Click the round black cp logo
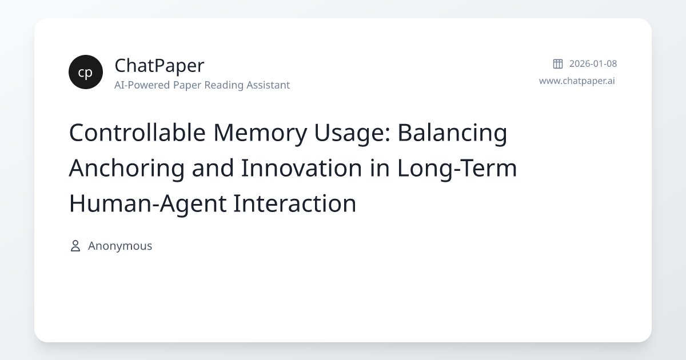[x=86, y=72]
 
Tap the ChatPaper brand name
[x=159, y=65]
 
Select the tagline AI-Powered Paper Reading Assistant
[x=202, y=85]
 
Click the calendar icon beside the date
[x=558, y=63]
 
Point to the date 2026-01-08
[x=593, y=63]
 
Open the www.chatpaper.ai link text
[x=577, y=81]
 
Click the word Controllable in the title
[x=137, y=133]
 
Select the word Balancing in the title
[x=452, y=133]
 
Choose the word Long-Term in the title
[x=457, y=168]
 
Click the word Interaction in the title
[x=294, y=203]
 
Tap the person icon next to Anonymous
[x=75, y=246]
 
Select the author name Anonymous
[x=120, y=246]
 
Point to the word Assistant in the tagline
[x=268, y=85]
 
